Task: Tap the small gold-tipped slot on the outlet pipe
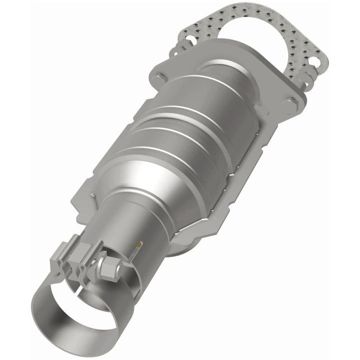coord(138,244)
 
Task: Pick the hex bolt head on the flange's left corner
coord(161,76)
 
